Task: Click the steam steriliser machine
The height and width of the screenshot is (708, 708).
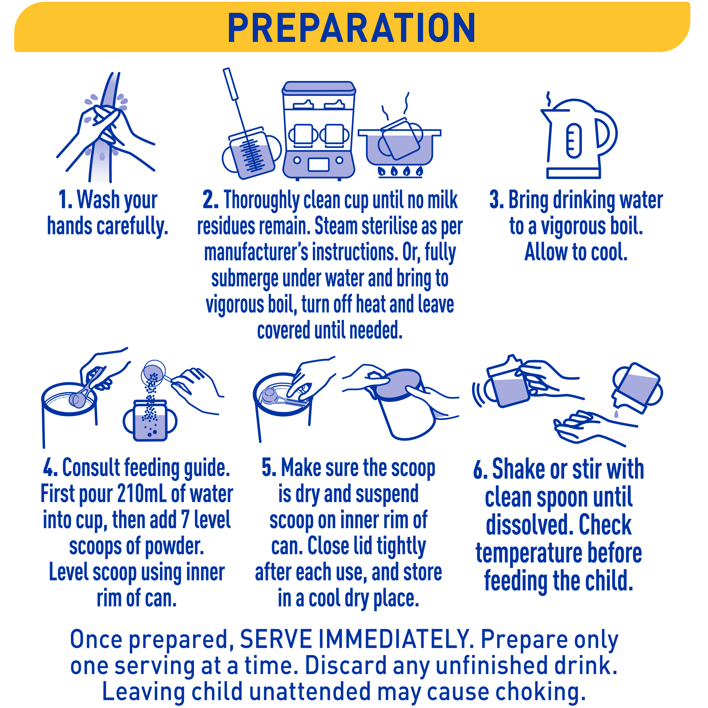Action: (x=319, y=131)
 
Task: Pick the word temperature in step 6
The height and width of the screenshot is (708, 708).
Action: (x=529, y=554)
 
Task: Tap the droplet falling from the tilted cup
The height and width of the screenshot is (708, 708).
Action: (x=616, y=414)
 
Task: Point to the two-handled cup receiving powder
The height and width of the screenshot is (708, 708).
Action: (x=150, y=421)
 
